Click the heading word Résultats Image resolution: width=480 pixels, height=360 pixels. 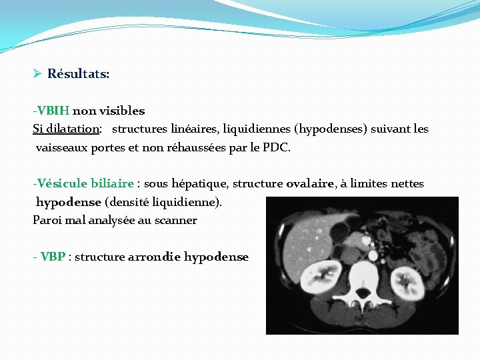(78, 74)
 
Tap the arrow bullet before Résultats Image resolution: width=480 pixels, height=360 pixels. (37, 74)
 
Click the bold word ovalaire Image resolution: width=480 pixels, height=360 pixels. (310, 183)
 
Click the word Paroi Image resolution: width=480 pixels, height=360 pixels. (47, 220)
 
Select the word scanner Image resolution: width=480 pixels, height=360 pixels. (176, 220)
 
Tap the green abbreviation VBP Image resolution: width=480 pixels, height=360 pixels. (53, 257)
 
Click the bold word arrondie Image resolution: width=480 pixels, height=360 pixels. (154, 257)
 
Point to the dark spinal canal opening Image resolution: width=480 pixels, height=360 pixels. (363, 293)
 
